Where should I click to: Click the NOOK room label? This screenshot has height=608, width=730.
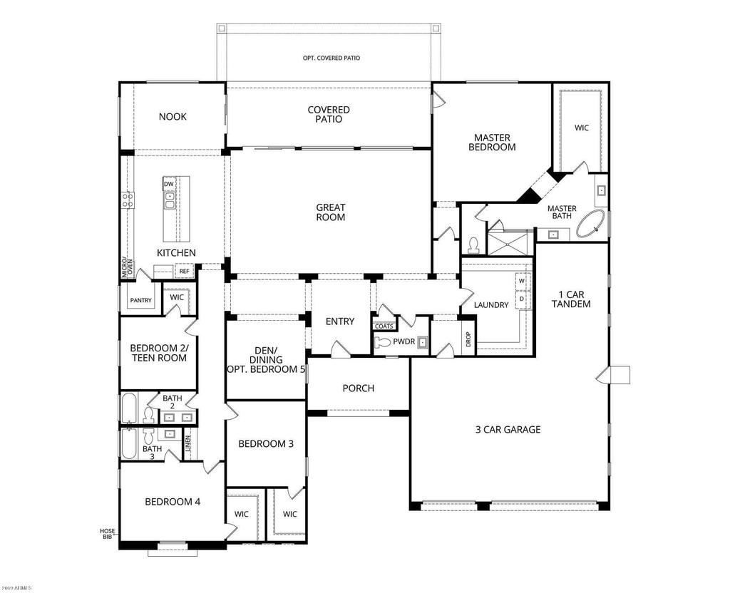(173, 116)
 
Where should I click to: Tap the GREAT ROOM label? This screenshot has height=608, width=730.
(331, 212)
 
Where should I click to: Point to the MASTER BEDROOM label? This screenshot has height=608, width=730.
(492, 142)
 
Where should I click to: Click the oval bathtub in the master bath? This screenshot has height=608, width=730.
(591, 223)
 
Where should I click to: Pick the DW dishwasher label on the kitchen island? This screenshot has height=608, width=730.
(169, 185)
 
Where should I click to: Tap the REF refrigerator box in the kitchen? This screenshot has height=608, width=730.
(184, 272)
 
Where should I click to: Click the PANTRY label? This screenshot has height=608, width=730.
(140, 301)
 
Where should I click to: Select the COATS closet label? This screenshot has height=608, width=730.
(384, 326)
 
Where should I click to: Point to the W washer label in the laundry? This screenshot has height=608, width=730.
(521, 281)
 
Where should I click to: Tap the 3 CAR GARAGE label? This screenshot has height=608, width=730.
(508, 429)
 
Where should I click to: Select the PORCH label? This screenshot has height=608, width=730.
(358, 388)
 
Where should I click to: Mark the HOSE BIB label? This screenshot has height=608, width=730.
(107, 533)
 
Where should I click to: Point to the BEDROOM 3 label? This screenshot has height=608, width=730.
(265, 443)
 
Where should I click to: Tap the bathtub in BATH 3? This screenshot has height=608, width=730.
(130, 444)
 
